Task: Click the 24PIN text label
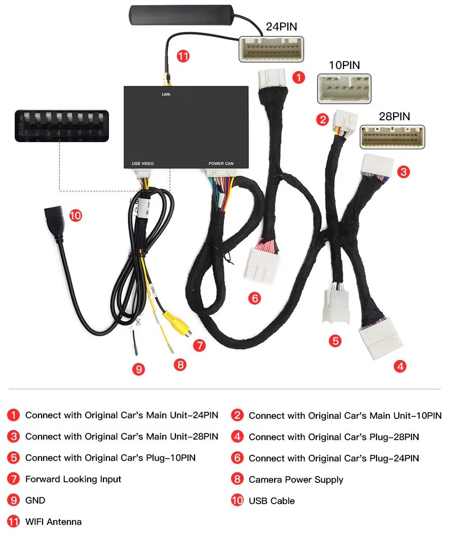281,27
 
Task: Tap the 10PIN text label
344,65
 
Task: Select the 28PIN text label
394,116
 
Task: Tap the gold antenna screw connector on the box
165,80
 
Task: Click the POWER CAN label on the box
221,164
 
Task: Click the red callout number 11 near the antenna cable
183,56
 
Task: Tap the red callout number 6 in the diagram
255,298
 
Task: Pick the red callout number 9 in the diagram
138,369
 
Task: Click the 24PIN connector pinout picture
271,49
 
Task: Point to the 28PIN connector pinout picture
392,137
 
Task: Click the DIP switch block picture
62,125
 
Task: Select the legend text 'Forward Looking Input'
73,479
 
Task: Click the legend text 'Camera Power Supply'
295,480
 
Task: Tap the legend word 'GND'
35,500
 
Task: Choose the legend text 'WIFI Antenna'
53,522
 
